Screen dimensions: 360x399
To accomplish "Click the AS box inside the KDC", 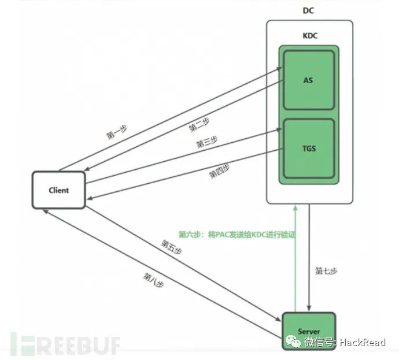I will pyautogui.click(x=308, y=80).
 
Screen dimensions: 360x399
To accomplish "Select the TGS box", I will pyautogui.click(x=308, y=148).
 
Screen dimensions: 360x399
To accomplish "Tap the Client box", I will pyautogui.click(x=58, y=190).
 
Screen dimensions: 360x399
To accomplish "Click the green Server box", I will pyautogui.click(x=309, y=331).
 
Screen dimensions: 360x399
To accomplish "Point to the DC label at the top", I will pyautogui.click(x=309, y=10).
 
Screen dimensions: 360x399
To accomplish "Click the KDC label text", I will pyautogui.click(x=309, y=35).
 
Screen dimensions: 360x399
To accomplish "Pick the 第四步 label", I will pyautogui.click(x=219, y=171).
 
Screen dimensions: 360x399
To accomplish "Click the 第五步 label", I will pyautogui.click(x=171, y=249).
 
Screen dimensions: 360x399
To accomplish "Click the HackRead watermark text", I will pyautogui.click(x=361, y=342).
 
